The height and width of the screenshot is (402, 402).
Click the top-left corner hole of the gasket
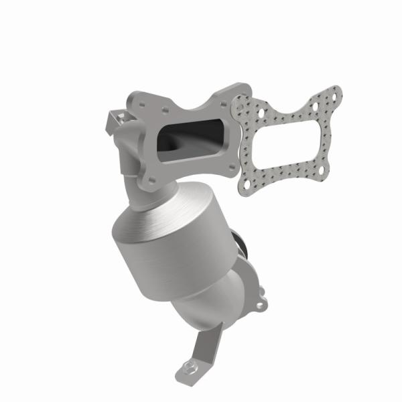click(x=243, y=102)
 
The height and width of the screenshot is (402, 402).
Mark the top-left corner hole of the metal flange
click(x=138, y=100)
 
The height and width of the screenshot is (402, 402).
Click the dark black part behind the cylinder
click(x=239, y=241)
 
